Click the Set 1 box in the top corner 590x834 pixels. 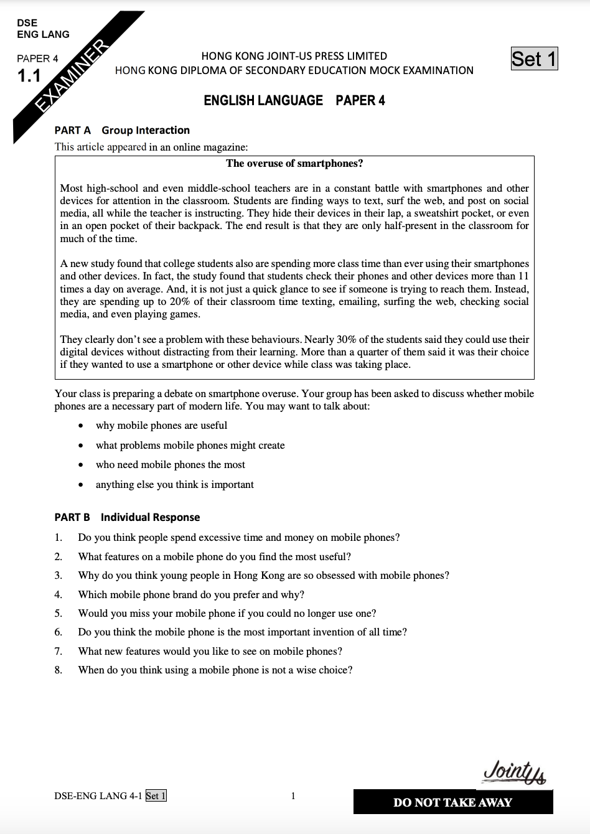tap(534, 59)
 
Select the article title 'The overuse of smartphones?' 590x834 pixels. tap(294, 164)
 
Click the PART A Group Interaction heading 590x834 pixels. tap(122, 130)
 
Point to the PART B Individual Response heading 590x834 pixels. tap(127, 517)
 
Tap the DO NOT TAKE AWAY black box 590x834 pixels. tap(452, 802)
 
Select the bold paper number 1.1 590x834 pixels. tap(29, 77)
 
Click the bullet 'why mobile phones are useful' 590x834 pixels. tap(161, 426)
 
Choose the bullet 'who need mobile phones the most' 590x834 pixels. tap(170, 465)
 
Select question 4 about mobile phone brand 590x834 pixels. tap(191, 594)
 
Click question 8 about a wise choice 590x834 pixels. tap(215, 670)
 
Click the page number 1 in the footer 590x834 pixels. tap(293, 795)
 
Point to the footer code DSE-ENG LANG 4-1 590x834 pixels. tap(98, 795)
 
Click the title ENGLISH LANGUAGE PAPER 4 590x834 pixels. tap(294, 100)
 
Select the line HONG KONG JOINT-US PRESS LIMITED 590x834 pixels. tap(294, 56)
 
